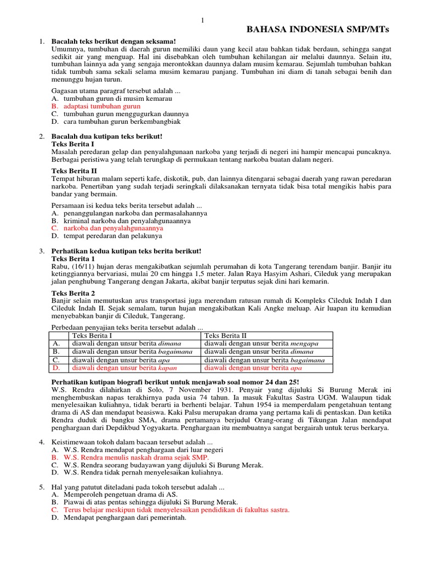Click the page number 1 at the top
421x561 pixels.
point(202,21)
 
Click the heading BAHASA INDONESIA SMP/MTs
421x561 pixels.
point(321,29)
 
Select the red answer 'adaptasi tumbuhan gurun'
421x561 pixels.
point(102,106)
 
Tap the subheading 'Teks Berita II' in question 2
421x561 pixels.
point(74,171)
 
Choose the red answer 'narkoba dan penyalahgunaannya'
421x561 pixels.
point(113,228)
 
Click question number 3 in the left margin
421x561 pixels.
point(42,251)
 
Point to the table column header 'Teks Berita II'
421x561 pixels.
point(225,336)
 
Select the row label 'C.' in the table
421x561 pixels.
point(56,360)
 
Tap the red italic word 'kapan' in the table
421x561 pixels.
point(167,368)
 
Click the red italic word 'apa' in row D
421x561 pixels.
point(297,368)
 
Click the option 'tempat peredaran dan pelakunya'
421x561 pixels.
point(113,236)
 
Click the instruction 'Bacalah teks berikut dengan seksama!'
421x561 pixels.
point(113,41)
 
